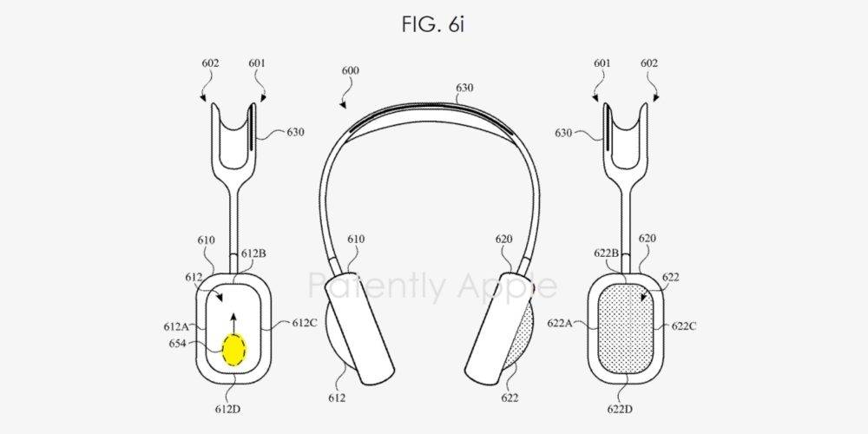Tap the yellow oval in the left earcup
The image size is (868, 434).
click(x=234, y=350)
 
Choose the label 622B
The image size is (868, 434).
click(x=608, y=253)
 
